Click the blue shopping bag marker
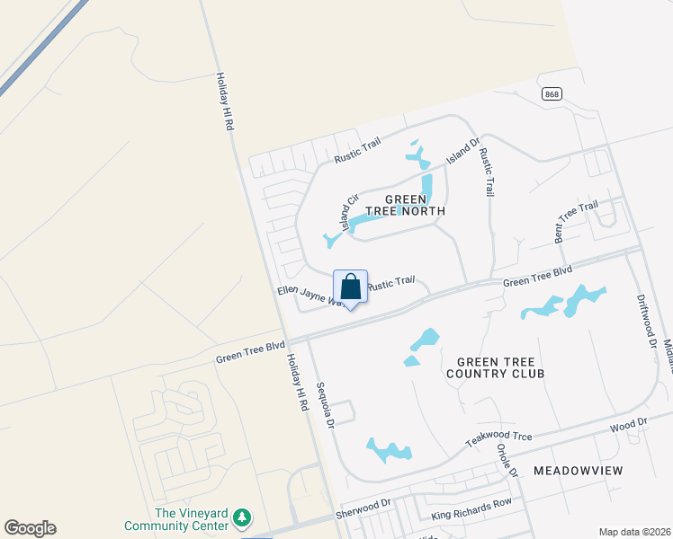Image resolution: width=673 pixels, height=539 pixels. (x=350, y=287)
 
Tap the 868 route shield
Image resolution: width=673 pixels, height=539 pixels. (x=552, y=94)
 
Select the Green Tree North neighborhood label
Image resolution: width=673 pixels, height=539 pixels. (x=415, y=205)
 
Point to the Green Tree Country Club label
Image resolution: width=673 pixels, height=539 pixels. (x=494, y=367)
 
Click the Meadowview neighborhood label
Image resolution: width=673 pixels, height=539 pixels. (x=578, y=470)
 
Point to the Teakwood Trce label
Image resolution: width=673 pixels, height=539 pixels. (x=498, y=437)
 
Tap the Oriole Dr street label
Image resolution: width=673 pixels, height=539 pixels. (x=508, y=459)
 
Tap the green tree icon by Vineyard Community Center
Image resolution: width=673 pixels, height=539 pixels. (x=241, y=518)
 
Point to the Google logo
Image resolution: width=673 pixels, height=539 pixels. (x=30, y=528)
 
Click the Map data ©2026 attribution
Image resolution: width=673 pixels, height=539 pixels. (x=634, y=532)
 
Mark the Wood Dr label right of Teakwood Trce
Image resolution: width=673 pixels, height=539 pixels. (x=628, y=422)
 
